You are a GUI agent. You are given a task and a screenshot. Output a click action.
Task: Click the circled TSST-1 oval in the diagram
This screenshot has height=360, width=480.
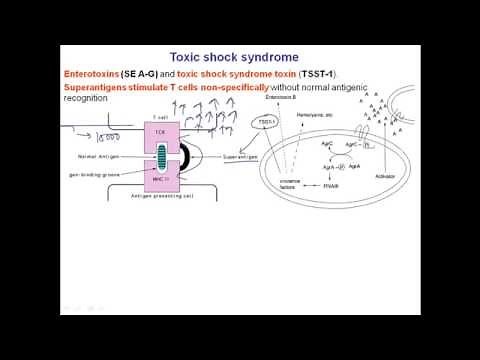point(267,121)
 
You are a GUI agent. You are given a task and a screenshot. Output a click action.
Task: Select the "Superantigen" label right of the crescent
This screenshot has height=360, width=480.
point(240,156)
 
